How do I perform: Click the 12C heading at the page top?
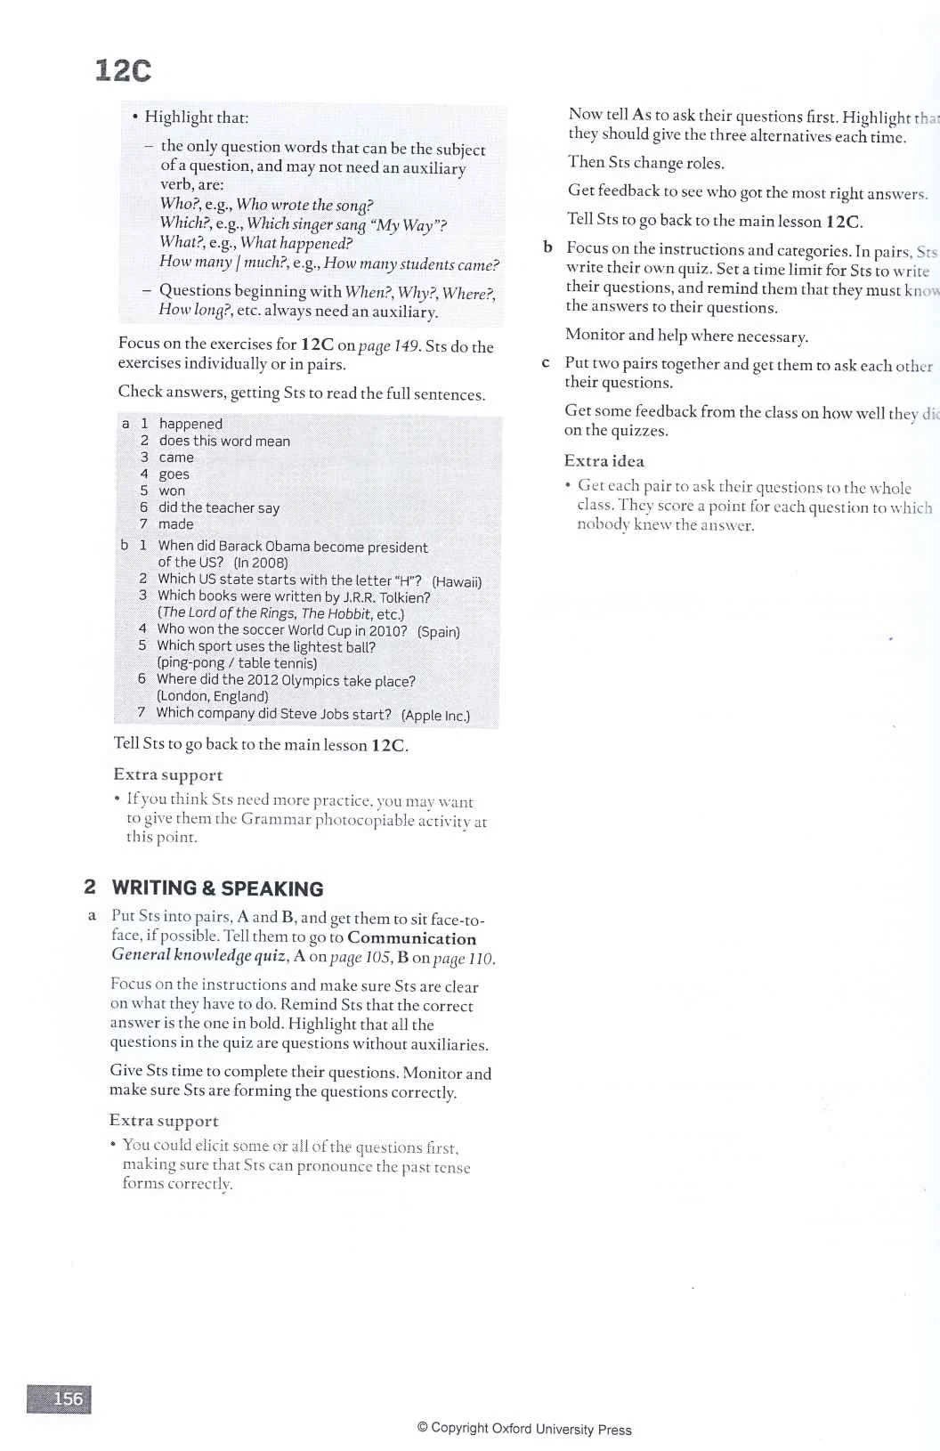(x=123, y=70)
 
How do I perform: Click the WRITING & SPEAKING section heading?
(x=217, y=888)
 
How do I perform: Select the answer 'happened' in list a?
(x=190, y=424)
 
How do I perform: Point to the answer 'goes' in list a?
(x=174, y=474)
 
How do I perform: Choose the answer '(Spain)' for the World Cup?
(x=439, y=631)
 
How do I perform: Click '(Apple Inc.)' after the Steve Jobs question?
(x=435, y=715)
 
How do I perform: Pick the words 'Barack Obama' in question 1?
(x=263, y=547)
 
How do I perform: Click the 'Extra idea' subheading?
(x=604, y=461)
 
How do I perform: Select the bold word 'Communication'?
(x=411, y=938)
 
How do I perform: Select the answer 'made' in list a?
(x=175, y=524)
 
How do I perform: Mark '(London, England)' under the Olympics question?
(x=212, y=696)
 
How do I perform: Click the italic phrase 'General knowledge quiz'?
(x=198, y=955)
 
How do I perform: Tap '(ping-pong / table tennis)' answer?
(x=237, y=663)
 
